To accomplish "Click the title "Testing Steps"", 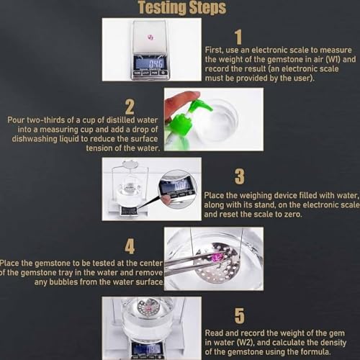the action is coord(182,8).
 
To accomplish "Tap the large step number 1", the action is coord(238,37).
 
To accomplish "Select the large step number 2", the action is coord(130,107).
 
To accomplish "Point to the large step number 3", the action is coord(239,176).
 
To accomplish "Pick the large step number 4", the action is coord(130,246).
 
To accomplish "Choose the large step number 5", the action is coord(240,316).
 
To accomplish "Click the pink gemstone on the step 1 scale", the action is coord(150,37).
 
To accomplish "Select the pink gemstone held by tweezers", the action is coord(217,258).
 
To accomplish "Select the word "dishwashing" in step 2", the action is coord(35,139).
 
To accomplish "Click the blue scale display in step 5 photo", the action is coord(147,348).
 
